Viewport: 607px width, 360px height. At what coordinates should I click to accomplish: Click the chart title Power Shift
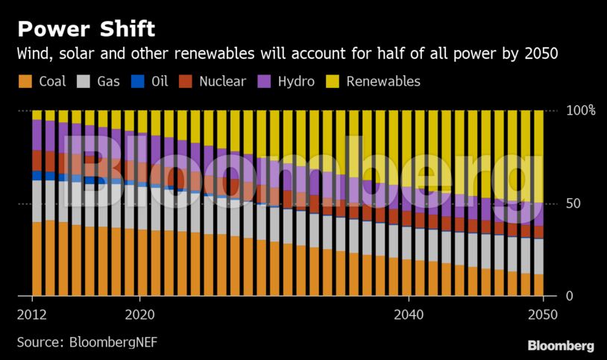point(86,29)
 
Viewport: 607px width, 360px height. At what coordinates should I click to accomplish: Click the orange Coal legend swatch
point(25,81)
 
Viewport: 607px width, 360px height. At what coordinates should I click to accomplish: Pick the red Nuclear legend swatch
point(186,81)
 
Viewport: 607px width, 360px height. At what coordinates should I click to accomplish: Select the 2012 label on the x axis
point(32,315)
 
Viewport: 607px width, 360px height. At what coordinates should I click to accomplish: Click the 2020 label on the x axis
point(139,315)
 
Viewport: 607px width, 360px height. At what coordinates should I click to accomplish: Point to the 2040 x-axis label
point(408,315)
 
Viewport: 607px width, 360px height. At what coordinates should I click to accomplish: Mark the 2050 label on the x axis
point(541,315)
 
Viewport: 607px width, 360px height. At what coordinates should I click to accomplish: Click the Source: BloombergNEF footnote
point(87,342)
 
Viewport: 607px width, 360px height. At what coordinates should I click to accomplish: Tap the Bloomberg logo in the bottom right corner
point(560,346)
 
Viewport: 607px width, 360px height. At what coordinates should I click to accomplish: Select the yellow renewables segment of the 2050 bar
point(538,156)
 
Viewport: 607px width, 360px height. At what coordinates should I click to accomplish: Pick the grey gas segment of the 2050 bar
point(538,256)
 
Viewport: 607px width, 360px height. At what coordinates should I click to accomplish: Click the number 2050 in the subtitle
point(542,54)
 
